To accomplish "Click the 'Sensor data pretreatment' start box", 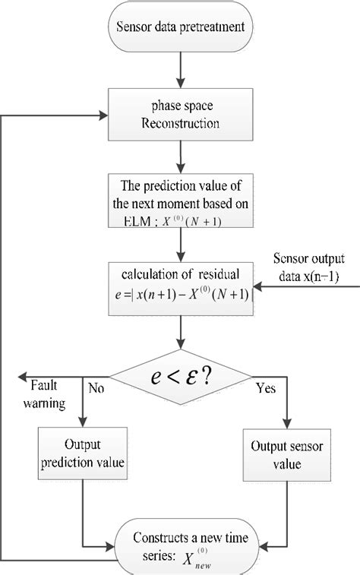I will click(180, 29).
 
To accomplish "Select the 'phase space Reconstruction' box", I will click(180, 115).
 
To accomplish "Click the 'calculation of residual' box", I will click(180, 287).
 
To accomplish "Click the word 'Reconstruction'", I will click(180, 123).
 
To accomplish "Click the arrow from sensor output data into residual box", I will click(285, 287).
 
